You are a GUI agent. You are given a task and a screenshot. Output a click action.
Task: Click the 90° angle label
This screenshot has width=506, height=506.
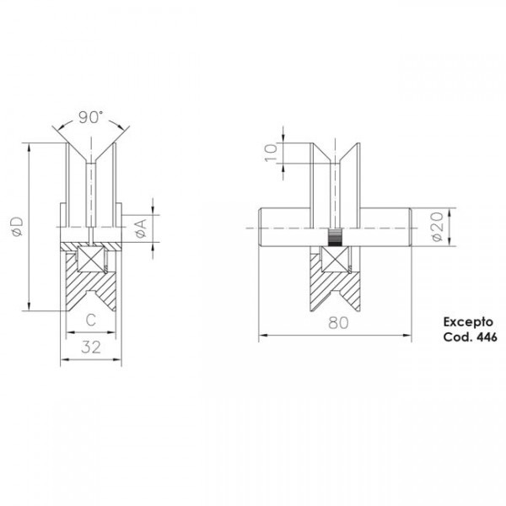[x=93, y=117]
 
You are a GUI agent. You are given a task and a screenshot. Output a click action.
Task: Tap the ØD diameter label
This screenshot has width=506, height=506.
[x=16, y=225]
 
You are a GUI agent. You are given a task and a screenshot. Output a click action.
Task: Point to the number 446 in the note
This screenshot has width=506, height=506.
[x=484, y=336]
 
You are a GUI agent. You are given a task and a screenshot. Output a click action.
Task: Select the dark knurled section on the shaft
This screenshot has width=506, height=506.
[x=336, y=236]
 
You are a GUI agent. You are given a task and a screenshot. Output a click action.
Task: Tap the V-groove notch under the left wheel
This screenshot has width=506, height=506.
[x=92, y=299]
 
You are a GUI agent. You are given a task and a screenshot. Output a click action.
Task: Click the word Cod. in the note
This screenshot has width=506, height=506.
[x=455, y=336]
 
